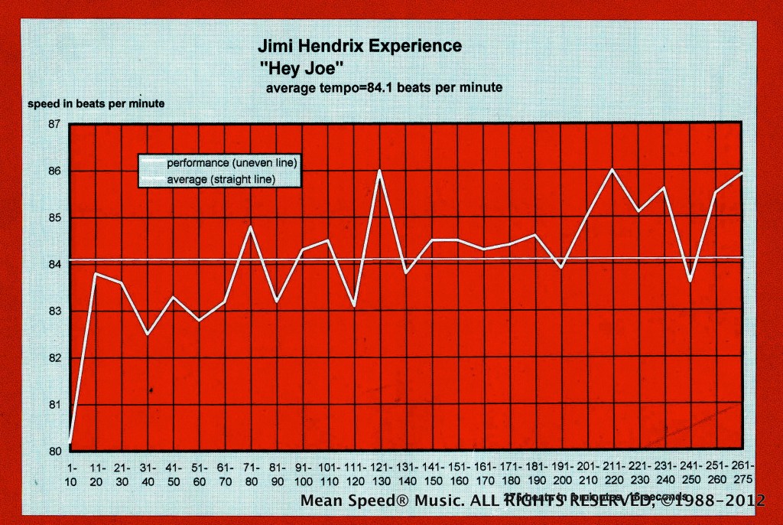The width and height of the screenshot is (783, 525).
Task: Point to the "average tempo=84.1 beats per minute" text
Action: point(384,87)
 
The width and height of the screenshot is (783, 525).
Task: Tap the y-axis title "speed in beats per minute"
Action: point(96,103)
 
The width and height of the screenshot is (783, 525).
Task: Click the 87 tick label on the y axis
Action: point(54,124)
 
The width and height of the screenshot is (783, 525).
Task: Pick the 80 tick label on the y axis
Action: point(54,451)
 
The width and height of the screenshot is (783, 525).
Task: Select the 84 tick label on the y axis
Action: point(54,265)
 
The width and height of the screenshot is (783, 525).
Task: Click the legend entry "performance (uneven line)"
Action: point(232,163)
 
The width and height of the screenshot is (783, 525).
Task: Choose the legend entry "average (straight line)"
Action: point(220,179)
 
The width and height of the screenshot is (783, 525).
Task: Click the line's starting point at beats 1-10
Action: point(70,442)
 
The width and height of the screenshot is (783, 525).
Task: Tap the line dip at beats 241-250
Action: point(690,282)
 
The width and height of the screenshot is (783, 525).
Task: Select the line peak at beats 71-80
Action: point(251,227)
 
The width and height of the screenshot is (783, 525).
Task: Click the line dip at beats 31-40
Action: point(148,334)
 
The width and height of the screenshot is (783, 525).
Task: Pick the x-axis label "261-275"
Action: point(742,472)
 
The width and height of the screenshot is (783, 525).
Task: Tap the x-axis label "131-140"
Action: point(406,472)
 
